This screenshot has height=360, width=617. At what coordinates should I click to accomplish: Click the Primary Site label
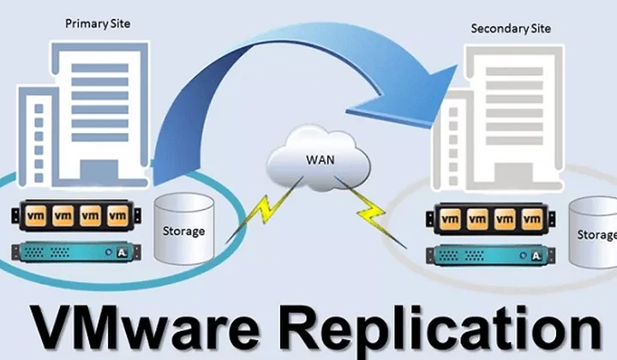coord(98,24)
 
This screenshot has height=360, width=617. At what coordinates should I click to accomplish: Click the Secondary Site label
coord(511,29)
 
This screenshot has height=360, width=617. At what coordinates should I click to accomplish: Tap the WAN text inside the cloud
coord(320,159)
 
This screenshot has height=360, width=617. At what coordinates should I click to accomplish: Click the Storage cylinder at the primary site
coord(184,228)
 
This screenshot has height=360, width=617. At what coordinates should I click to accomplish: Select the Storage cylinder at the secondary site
coord(593,233)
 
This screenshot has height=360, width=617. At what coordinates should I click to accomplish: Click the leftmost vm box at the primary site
coord(36,216)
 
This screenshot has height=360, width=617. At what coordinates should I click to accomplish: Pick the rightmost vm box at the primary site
coord(117,216)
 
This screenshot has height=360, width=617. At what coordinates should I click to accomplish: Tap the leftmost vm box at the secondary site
coord(450,219)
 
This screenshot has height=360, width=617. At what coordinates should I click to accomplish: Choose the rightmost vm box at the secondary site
coord(532,219)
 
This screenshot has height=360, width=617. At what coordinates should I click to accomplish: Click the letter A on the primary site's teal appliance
coord(122,253)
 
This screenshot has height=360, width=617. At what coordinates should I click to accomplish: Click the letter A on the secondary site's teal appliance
coord(536,256)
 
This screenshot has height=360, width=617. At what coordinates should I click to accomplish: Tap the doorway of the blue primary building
coord(99,172)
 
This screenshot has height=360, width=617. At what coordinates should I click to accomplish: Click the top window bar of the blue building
coord(100,68)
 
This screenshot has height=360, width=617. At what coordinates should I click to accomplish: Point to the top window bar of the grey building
coord(514,72)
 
